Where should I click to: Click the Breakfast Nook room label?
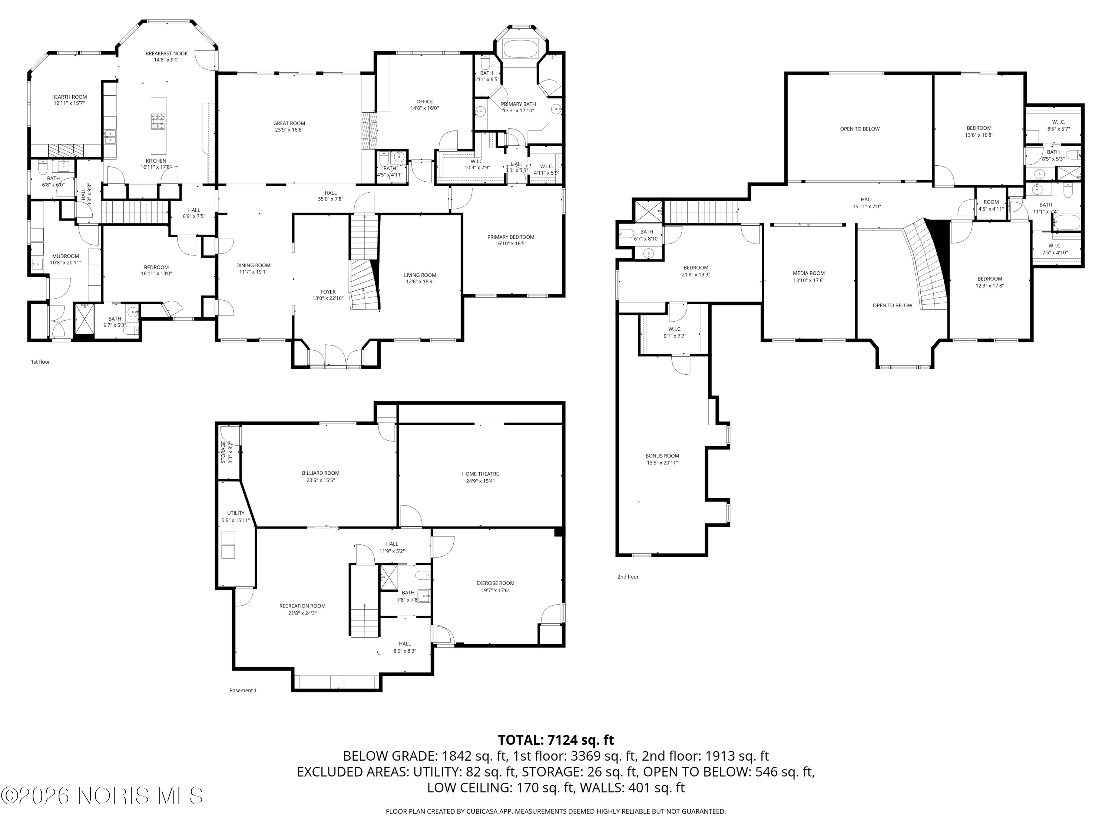(166, 54)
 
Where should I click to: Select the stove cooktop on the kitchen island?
(158, 121)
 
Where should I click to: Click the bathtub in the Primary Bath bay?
(520, 49)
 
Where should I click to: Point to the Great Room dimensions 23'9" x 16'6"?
(289, 130)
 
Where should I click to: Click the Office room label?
(424, 102)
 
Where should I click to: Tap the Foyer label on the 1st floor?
(328, 292)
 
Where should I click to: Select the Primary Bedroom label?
(510, 237)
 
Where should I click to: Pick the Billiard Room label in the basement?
(320, 473)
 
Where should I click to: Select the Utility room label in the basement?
(235, 513)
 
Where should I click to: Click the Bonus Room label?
(662, 456)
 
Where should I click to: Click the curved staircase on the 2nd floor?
(927, 267)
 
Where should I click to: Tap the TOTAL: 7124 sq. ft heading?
(556, 740)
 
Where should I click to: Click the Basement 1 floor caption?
(243, 691)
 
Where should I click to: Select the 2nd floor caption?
(628, 577)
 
